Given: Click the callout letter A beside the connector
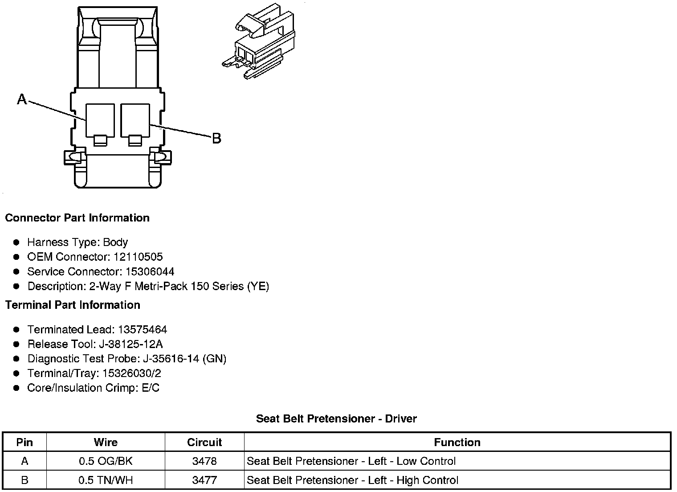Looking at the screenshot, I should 22,99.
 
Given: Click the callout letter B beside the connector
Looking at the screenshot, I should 216,139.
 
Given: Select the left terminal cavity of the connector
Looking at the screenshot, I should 100,120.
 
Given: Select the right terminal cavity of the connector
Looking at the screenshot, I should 135,120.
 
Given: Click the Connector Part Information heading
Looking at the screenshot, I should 77,218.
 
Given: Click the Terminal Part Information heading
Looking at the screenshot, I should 73,305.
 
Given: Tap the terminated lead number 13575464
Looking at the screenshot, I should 143,330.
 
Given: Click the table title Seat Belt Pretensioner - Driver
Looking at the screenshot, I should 336,419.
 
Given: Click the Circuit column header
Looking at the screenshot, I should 204,443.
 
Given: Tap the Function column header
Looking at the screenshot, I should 457,443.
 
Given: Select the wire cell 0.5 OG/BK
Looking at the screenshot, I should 106,461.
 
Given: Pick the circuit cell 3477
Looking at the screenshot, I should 204,480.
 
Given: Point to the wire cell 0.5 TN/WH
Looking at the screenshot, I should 106,480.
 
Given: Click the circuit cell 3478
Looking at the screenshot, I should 204,461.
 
